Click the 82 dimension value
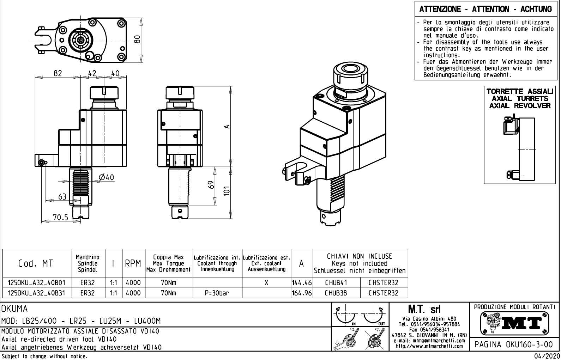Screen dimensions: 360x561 click(58, 73)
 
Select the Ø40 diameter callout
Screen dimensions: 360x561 click(106, 177)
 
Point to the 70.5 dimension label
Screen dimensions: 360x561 click(60, 218)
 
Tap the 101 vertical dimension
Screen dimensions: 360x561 click(227, 191)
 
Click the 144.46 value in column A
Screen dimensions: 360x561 click(302, 282)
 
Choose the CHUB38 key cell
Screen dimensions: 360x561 click(336, 293)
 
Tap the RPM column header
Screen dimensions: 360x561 click(133, 263)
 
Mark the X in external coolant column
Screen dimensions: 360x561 click(266, 282)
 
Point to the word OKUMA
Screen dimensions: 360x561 click(14, 309)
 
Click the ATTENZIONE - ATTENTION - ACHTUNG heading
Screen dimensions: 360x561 click(485, 9)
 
